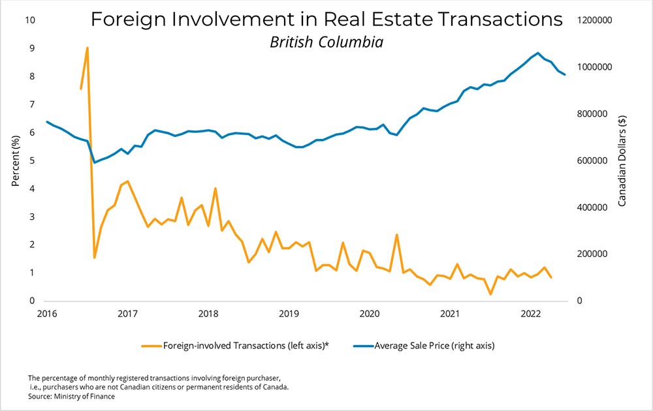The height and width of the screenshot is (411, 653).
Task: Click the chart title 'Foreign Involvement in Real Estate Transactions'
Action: tap(326, 20)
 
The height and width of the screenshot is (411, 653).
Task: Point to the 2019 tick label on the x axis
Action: tap(289, 314)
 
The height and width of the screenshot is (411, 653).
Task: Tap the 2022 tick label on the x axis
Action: tap(532, 314)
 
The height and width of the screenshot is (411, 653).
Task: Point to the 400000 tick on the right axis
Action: tap(592, 207)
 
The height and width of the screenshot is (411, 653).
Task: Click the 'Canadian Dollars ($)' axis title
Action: tap(622, 160)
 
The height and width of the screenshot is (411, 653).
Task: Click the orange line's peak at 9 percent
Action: tap(88, 48)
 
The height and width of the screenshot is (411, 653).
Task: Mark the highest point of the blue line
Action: tap(537, 53)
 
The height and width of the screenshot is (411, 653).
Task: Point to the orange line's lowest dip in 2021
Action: tap(490, 294)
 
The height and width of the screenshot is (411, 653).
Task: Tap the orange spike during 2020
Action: tap(396, 235)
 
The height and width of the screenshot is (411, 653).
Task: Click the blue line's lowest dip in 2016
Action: tap(94, 162)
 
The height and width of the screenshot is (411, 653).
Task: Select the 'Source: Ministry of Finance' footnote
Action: tap(71, 396)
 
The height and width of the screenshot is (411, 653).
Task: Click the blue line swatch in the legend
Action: tap(362, 346)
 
